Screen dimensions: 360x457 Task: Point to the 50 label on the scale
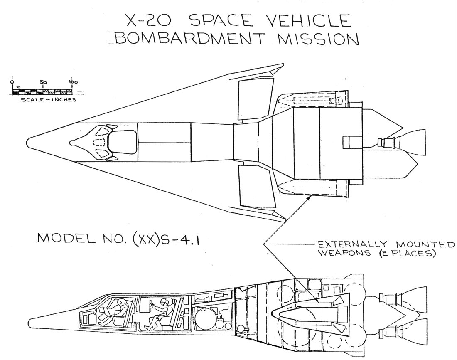43,82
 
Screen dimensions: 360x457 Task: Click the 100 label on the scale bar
73,82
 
